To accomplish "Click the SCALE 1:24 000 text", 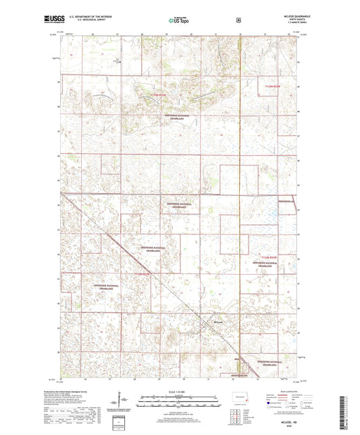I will [180, 392].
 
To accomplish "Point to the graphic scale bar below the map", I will [180, 400].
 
